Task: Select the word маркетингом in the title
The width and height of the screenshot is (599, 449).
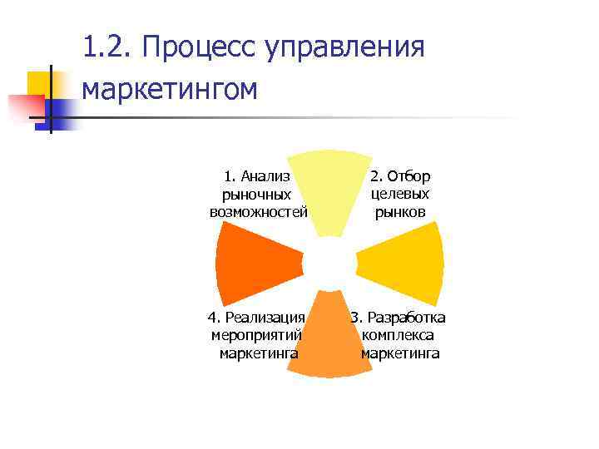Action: pos(171,87)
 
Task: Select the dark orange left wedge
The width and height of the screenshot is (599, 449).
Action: pos(253,264)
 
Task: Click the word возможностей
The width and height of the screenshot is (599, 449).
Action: pos(259,211)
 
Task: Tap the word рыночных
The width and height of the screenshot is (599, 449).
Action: pos(257,194)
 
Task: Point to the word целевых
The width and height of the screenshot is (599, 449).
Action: pos(400,194)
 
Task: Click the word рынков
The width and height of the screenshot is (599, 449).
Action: pos(400,211)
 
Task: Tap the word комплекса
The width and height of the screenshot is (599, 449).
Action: pos(399,336)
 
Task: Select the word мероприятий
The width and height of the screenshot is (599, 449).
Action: pos(257,336)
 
